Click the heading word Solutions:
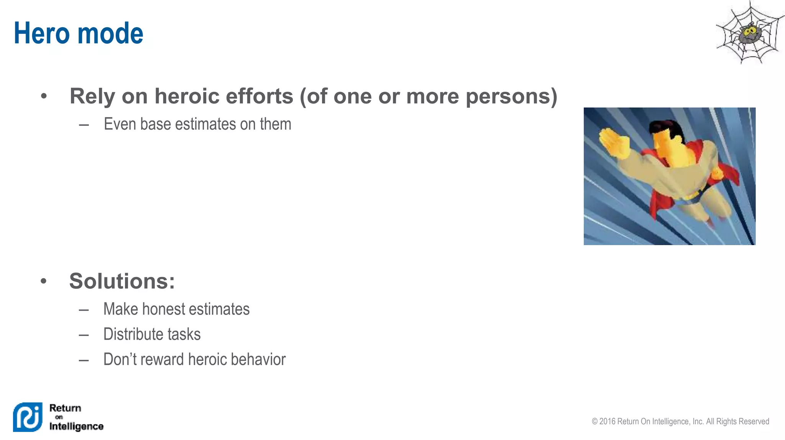122,281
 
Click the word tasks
184,335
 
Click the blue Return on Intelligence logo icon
28,417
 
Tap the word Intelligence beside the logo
76,426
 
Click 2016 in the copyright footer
607,422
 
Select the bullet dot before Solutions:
44,281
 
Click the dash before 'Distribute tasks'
84,335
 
